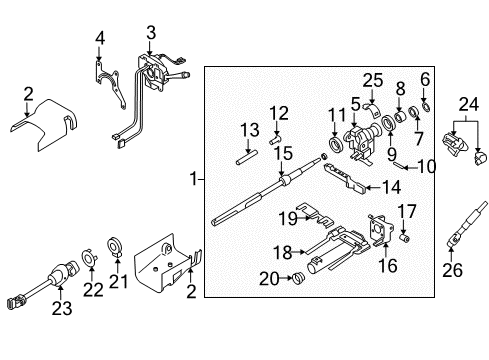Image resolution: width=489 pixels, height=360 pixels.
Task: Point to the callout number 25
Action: click(373, 79)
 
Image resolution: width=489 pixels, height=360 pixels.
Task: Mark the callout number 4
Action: click(100, 39)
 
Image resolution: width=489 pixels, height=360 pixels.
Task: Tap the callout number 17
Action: click(407, 210)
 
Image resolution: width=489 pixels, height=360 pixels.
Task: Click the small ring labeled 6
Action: click(426, 107)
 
